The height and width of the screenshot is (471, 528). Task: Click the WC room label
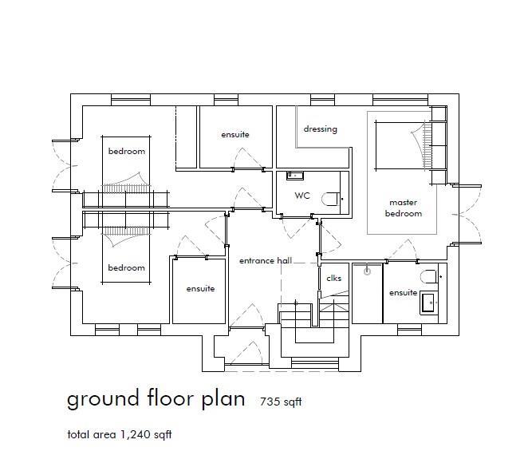point(301,195)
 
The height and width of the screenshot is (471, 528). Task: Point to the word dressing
point(320,129)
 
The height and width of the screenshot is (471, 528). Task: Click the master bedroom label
point(403,208)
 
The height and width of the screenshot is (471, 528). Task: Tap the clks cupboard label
point(333,278)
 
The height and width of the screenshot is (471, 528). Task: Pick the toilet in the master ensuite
point(431,275)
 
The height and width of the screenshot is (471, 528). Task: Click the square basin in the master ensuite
point(428,302)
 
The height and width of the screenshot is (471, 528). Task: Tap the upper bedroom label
point(127,151)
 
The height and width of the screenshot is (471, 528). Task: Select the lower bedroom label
point(127,267)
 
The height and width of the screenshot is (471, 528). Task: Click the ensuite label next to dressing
point(234,134)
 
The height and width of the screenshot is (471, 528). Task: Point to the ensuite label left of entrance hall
point(200,288)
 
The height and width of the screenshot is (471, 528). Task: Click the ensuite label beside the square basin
point(403,293)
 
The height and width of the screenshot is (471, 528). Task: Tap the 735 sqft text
point(280,402)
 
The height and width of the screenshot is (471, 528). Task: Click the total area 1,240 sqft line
point(120,435)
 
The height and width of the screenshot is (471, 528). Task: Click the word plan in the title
point(219,399)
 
